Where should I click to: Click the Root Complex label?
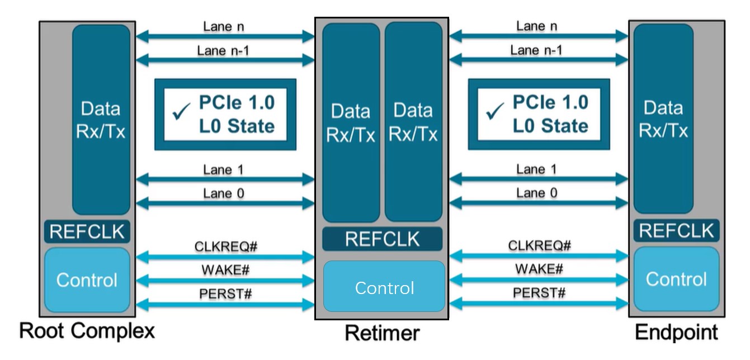click(x=87, y=331)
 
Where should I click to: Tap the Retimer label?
click(x=382, y=333)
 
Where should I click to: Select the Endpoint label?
click(x=676, y=333)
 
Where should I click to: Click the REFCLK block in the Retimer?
click(x=382, y=239)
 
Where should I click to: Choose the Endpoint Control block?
click(x=676, y=279)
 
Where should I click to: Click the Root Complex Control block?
click(x=87, y=280)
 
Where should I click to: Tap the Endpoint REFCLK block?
click(x=676, y=231)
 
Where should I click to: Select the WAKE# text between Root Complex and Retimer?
click(x=225, y=269)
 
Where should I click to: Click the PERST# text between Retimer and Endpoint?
click(x=539, y=292)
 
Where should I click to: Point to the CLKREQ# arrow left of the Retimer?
click(x=225, y=257)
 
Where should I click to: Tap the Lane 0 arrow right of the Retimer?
click(x=539, y=205)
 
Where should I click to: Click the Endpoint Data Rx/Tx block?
click(x=663, y=119)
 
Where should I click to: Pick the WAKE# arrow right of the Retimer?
click(x=539, y=281)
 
